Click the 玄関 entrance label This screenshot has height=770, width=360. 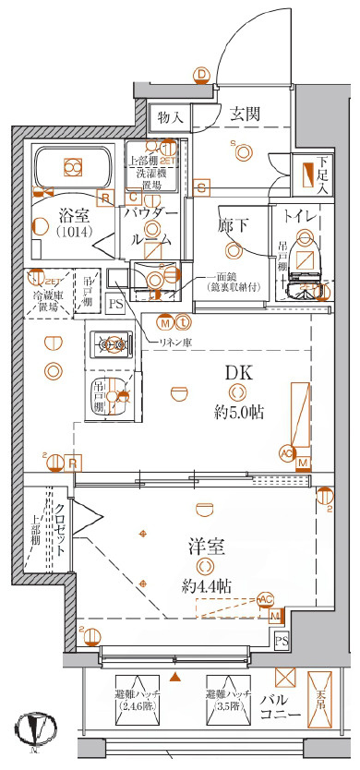pyautogui.click(x=245, y=114)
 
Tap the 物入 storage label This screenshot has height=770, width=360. pyautogui.click(x=171, y=118)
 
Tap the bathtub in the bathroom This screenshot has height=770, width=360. pyautogui.click(x=71, y=167)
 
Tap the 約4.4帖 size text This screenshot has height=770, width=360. pyautogui.click(x=206, y=585)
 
